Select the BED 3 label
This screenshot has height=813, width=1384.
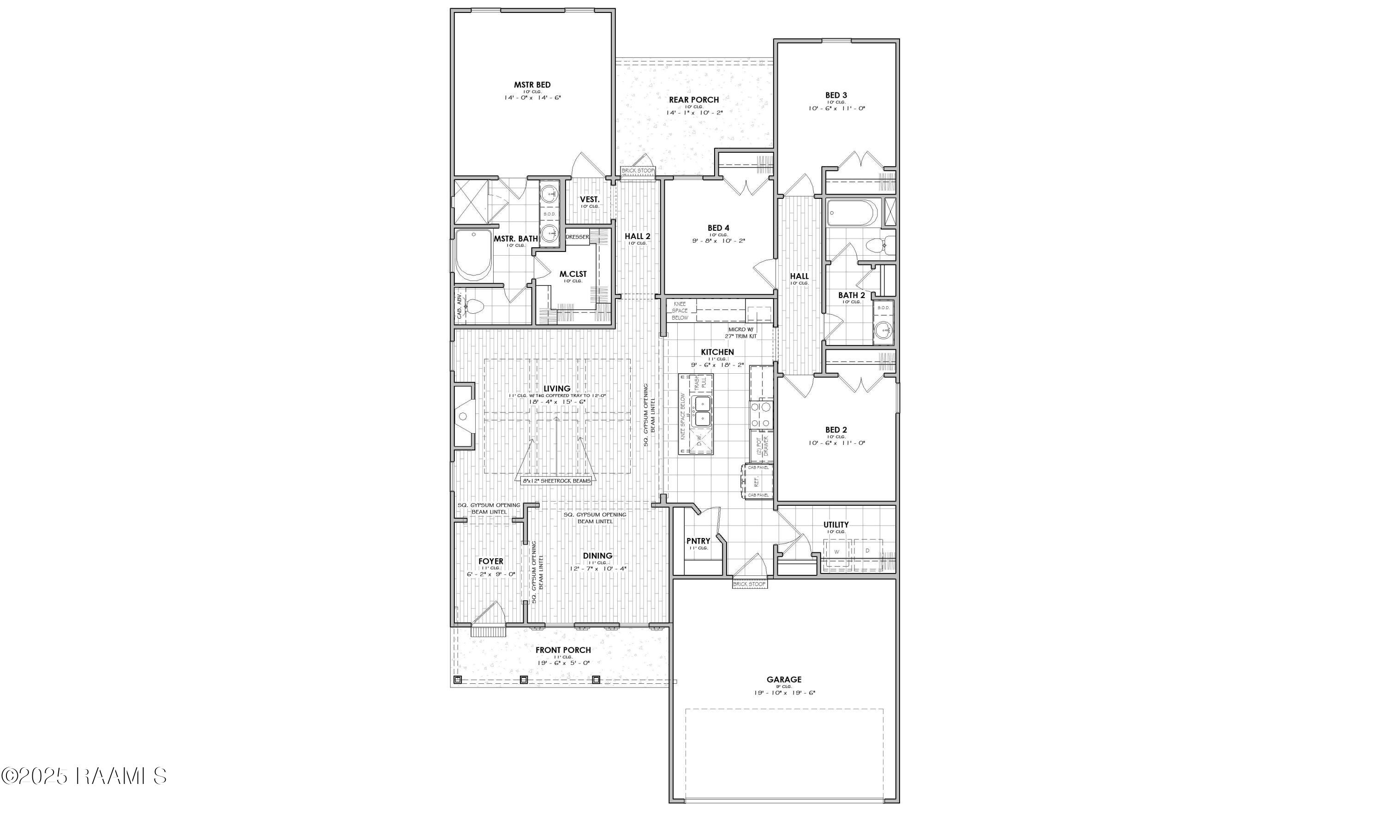[836, 96]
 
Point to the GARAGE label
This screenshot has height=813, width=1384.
[784, 680]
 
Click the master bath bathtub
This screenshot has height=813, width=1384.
[473, 255]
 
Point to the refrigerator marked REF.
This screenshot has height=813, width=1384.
[757, 481]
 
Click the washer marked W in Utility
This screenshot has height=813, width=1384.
[836, 551]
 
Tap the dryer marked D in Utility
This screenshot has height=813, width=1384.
[868, 551]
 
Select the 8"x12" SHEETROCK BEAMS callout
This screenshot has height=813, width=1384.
[557, 481]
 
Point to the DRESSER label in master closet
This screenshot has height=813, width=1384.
[577, 237]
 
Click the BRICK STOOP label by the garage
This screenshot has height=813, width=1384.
[750, 585]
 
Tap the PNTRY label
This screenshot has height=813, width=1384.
[698, 541]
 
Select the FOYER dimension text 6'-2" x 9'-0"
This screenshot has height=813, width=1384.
[490, 574]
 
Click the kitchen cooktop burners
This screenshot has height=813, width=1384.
[761, 415]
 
